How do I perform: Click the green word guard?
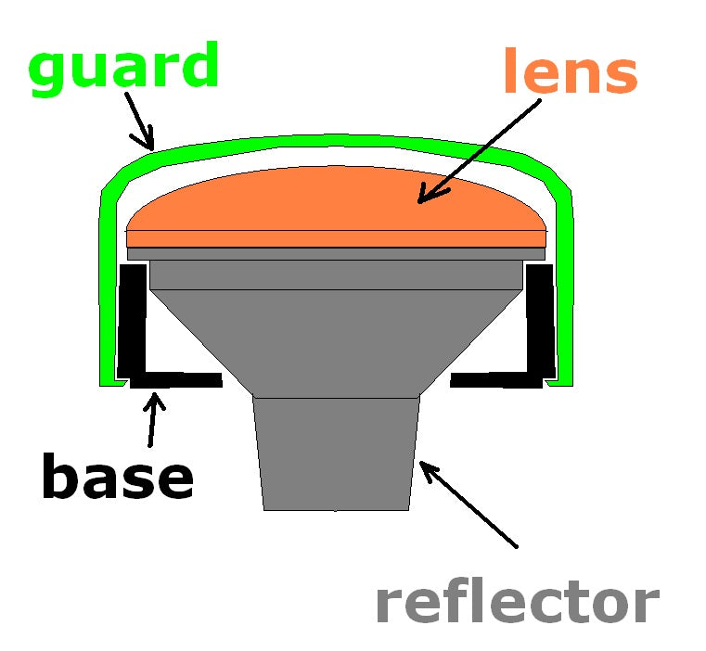point(122,67)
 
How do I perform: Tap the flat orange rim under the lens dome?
point(335,238)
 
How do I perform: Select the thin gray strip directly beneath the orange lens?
point(335,253)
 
